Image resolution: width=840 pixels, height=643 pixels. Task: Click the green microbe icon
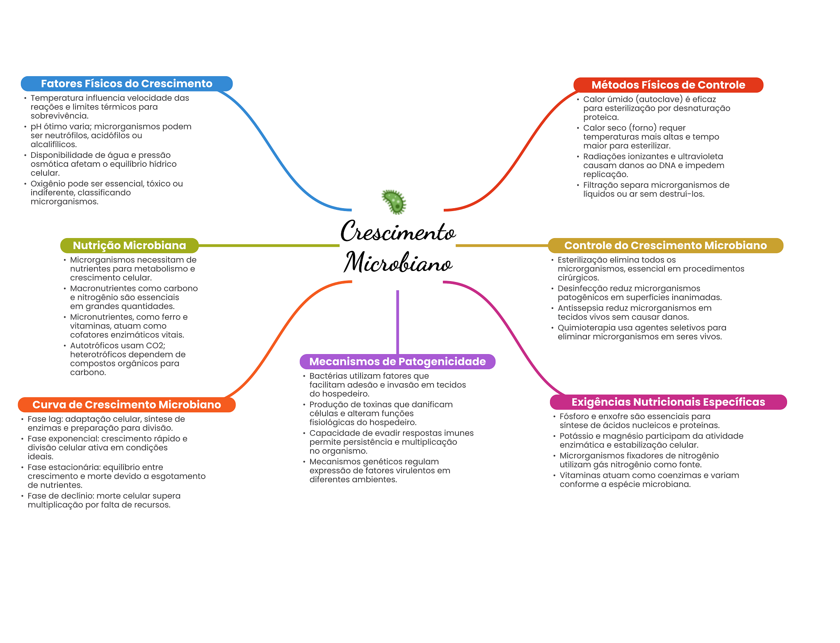[394, 202]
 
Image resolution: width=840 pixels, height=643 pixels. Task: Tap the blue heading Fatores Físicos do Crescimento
[126, 84]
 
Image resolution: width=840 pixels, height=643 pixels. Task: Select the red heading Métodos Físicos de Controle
[668, 85]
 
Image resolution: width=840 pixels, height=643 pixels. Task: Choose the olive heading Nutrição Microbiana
[129, 245]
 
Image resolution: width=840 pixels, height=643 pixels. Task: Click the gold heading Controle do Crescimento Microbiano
[665, 245]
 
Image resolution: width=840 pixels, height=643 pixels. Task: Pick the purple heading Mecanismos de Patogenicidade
[397, 361]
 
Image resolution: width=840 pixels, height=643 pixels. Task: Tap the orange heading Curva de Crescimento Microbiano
[126, 404]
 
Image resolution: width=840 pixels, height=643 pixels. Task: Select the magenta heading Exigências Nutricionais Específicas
[668, 402]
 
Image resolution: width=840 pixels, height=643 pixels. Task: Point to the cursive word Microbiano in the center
[398, 263]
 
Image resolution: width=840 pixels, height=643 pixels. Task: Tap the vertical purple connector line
[397, 322]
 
